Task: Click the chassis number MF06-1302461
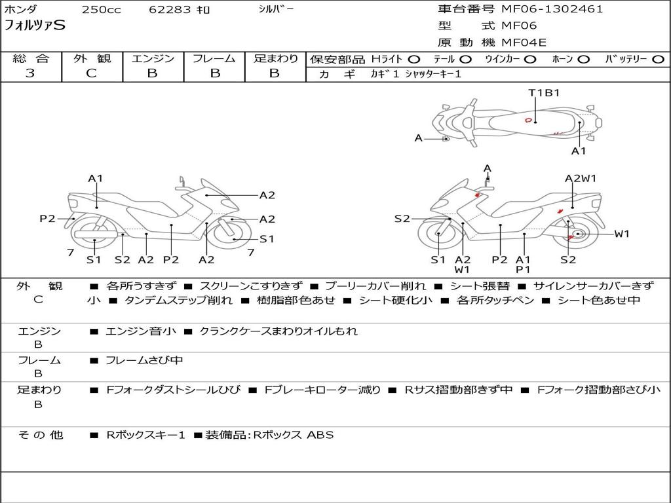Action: [x=552, y=9]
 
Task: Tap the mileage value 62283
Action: [x=170, y=10]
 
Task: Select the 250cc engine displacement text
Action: [x=101, y=10]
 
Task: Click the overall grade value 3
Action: [x=30, y=73]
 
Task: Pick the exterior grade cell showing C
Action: [x=91, y=73]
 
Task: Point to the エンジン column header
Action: [x=153, y=59]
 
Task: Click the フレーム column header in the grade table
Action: [x=214, y=59]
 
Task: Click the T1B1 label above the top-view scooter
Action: [x=544, y=92]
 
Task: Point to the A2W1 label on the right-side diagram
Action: [x=581, y=178]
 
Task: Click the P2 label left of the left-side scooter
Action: [x=47, y=219]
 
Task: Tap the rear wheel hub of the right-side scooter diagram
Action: [x=577, y=234]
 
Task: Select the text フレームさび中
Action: [x=144, y=360]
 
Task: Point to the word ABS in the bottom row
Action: [x=320, y=434]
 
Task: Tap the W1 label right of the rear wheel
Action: [x=621, y=233]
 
